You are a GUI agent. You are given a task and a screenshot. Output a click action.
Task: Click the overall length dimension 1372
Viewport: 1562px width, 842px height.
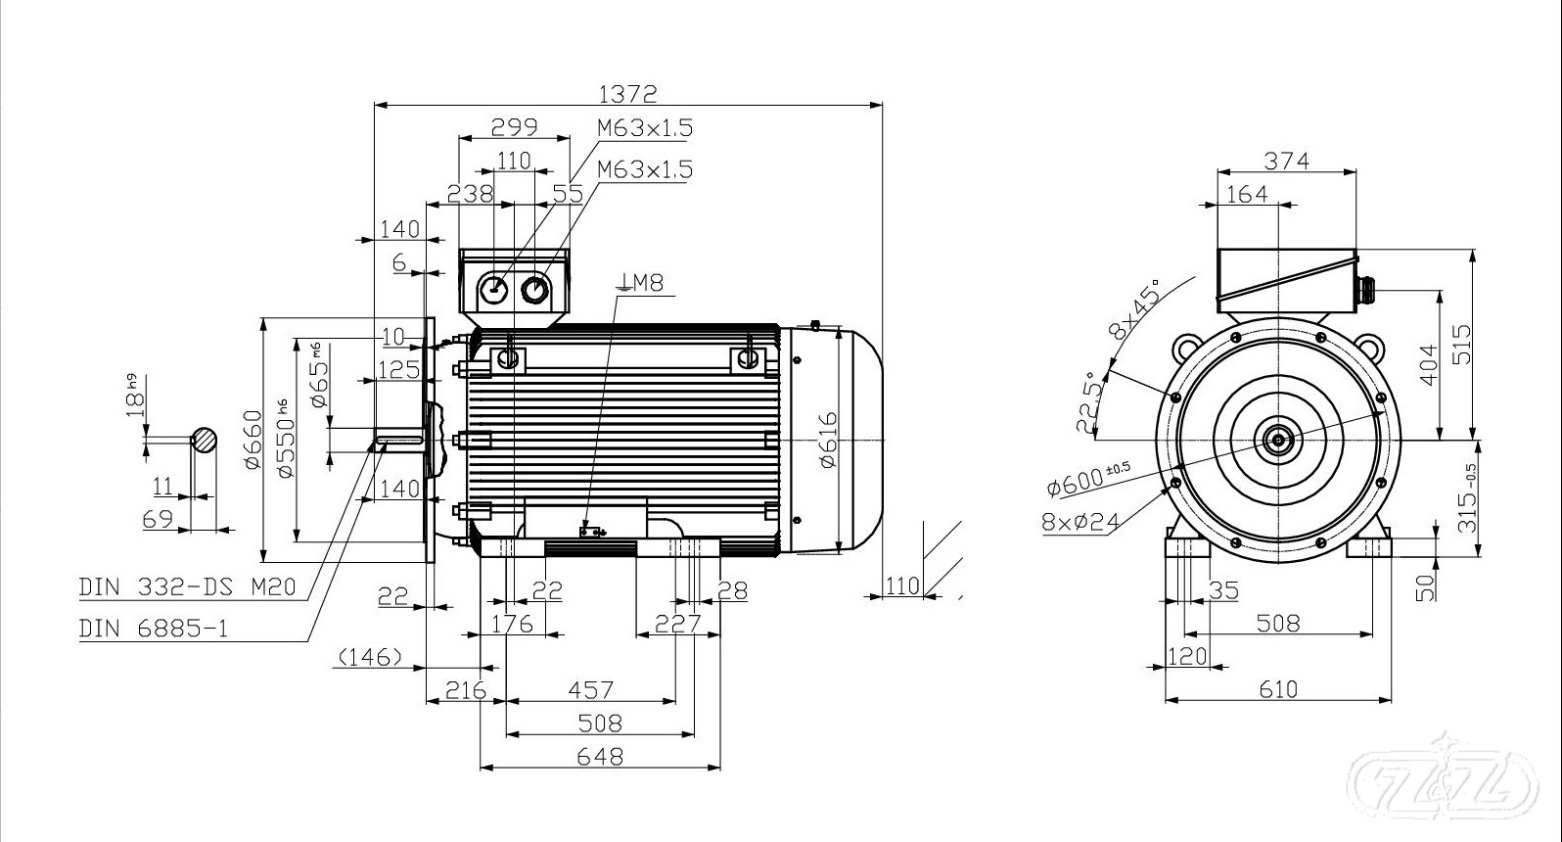[628, 93]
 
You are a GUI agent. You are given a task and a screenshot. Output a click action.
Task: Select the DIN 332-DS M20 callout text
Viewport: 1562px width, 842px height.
[187, 587]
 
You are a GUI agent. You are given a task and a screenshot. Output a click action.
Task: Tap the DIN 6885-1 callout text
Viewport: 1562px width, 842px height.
[154, 629]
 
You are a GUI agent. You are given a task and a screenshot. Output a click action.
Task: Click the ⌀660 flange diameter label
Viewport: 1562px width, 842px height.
[253, 440]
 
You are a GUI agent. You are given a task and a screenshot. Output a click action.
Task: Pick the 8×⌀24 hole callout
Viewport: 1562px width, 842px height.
[1080, 520]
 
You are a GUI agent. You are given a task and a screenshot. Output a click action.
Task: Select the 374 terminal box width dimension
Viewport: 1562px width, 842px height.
[1286, 160]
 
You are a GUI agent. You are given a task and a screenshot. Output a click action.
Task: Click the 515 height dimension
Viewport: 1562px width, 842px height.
[1461, 345]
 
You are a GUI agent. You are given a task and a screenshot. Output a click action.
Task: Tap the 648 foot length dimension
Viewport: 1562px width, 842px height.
[600, 757]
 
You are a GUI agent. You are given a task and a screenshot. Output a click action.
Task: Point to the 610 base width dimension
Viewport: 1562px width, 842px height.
[1278, 689]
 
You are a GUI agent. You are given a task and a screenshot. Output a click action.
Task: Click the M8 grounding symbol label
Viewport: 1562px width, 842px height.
[641, 284]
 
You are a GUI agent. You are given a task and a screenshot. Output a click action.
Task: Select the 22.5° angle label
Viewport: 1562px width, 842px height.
[1089, 401]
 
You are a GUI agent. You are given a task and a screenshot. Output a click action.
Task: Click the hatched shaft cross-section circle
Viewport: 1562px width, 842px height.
[204, 441]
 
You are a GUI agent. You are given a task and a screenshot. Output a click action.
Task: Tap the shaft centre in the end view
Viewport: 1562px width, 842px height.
[1277, 440]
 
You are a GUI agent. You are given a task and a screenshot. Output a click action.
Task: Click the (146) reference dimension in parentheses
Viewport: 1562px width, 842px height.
[369, 657]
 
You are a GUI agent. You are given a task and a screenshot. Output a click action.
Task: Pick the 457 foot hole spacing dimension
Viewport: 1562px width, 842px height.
[591, 690]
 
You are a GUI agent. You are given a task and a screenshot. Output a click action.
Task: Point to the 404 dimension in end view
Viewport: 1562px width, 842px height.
[1429, 364]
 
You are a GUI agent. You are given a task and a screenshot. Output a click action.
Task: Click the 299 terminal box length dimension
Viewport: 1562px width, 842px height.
[514, 126]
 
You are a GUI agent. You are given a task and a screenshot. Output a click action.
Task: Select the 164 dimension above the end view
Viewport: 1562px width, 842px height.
[1246, 194]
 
